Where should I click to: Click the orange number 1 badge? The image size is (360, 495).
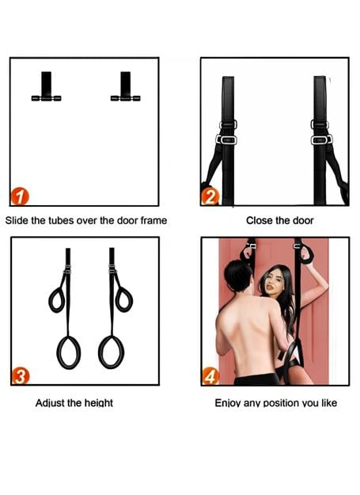click(20, 196)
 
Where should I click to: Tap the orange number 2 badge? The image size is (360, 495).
click(210, 196)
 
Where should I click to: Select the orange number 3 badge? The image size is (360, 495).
click(21, 376)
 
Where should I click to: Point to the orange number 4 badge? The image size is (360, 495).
click(210, 376)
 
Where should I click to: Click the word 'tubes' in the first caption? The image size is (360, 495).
click(59, 220)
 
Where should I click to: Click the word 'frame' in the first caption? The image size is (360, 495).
click(153, 220)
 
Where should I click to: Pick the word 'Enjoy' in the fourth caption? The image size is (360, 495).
click(226, 403)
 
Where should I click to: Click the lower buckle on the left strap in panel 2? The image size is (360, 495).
click(226, 139)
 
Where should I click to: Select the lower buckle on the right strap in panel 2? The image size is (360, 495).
click(321, 139)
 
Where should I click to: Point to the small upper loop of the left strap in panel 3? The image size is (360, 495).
click(50, 300)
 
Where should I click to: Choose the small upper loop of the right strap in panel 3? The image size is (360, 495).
click(131, 300)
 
